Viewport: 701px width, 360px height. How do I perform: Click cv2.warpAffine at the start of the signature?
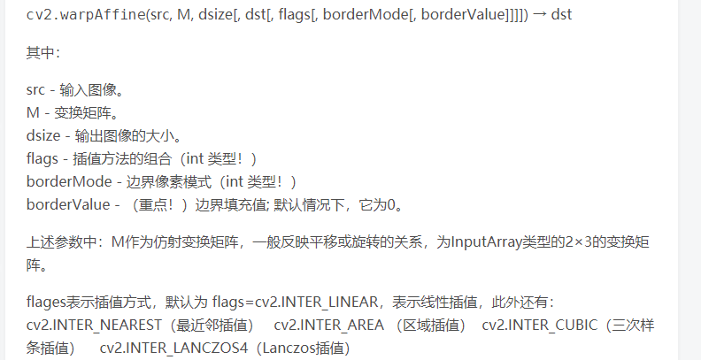point(78,16)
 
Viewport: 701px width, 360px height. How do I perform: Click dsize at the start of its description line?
point(43,136)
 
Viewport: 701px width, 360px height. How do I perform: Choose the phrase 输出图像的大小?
point(127,136)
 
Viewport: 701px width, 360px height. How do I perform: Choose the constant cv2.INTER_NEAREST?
point(95,326)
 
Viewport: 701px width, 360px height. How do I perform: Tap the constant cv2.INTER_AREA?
point(329,326)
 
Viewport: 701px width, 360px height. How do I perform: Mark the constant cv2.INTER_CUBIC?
point(541,326)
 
